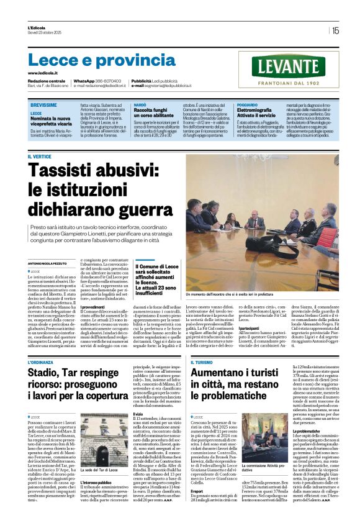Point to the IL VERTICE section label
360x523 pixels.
tap(39, 157)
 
